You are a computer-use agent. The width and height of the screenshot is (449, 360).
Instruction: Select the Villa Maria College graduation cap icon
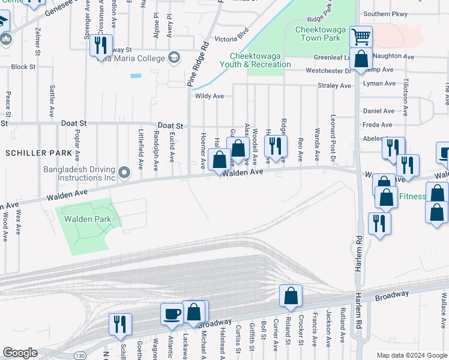click(174, 58)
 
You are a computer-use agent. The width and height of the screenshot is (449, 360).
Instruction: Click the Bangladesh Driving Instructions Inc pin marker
click(124, 173)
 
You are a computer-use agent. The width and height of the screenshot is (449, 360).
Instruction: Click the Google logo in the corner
click(20, 353)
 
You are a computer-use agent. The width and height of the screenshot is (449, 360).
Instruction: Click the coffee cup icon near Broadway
click(172, 313)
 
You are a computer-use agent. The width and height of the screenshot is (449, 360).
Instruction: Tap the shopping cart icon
click(361, 37)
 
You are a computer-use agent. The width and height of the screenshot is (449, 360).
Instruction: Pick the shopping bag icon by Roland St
click(291, 295)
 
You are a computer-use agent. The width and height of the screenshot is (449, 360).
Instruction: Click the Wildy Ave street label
click(209, 96)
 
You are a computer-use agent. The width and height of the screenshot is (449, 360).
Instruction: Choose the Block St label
click(23, 67)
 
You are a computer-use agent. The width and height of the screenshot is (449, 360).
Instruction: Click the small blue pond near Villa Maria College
click(136, 76)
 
